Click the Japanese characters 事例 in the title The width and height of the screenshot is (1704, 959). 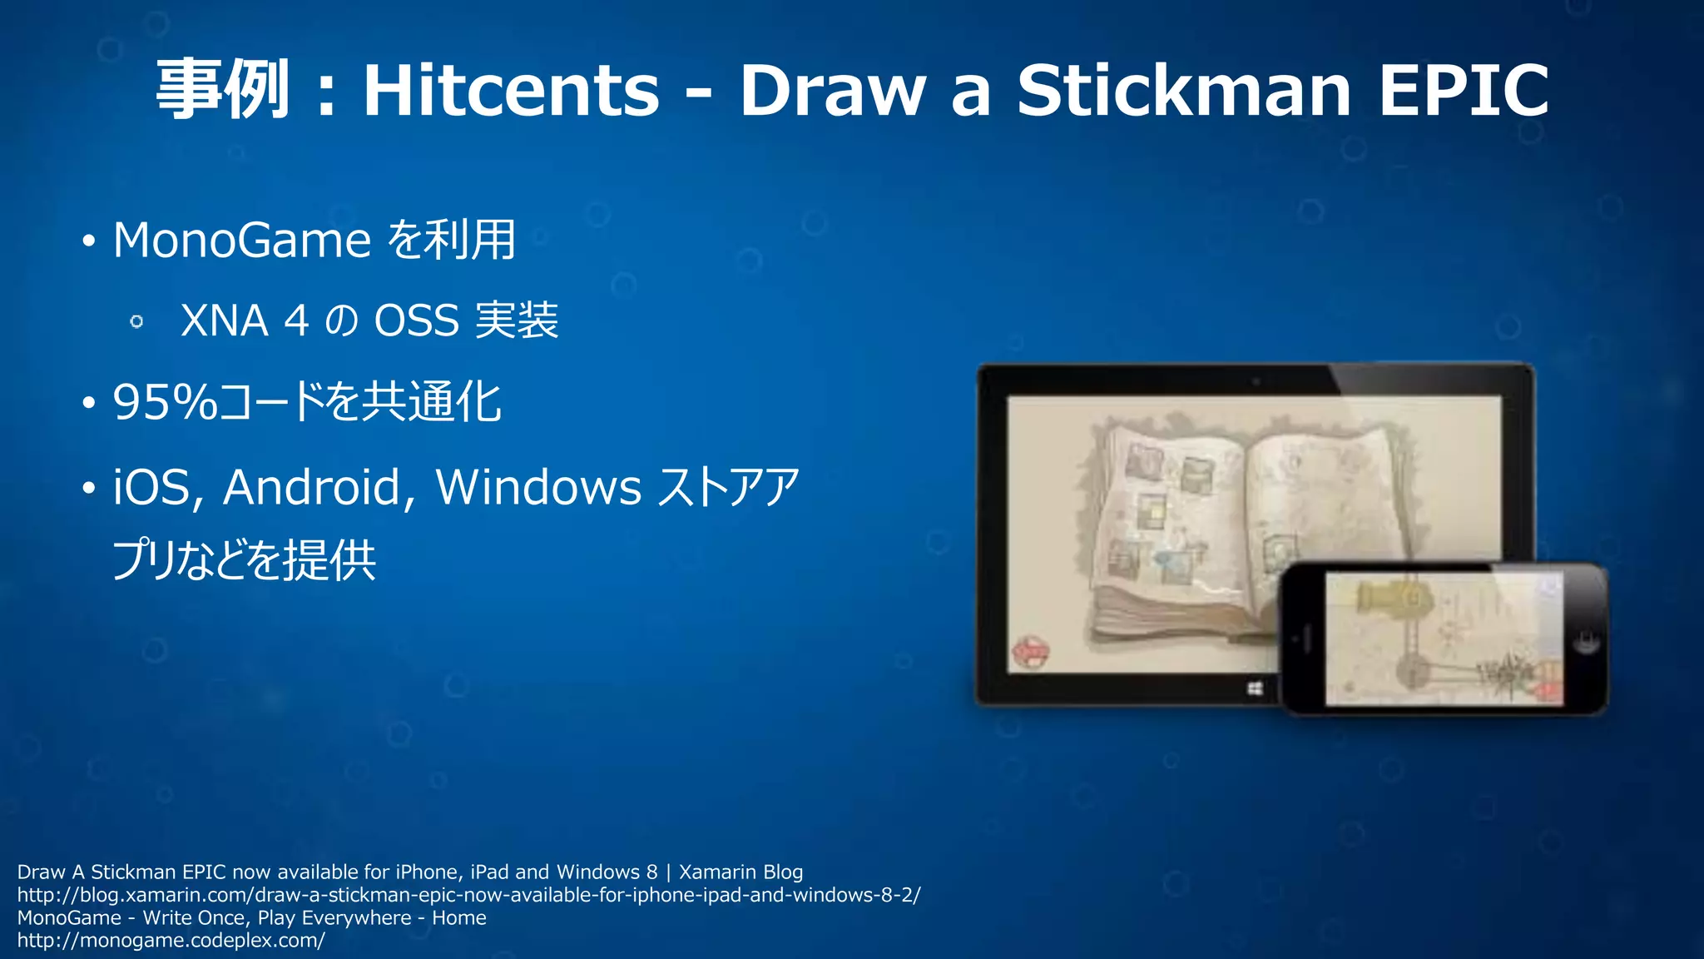[223, 90]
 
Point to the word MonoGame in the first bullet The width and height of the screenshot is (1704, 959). [242, 241]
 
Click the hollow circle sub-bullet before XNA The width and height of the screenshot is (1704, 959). [137, 322]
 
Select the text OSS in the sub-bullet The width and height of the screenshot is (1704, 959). [416, 320]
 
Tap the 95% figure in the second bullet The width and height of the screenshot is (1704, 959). [165, 403]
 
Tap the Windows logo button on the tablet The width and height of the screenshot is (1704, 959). [1255, 688]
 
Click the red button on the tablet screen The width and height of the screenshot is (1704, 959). [1030, 651]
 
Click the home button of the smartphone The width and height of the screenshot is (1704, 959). [1587, 641]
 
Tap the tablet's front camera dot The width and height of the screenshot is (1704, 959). [1256, 381]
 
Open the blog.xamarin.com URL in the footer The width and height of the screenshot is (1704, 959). [468, 895]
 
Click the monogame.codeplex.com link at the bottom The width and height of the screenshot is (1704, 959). [171, 941]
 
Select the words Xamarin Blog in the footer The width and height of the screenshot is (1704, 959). [741, 872]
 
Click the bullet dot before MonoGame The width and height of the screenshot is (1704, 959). [89, 242]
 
